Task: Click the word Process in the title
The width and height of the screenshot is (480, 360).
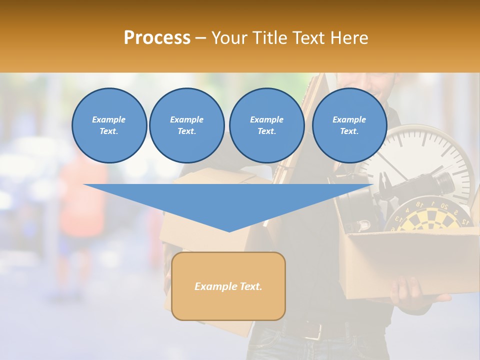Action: (157, 38)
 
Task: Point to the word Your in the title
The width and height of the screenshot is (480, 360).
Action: (229, 38)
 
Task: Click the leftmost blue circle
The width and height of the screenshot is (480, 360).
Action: (109, 125)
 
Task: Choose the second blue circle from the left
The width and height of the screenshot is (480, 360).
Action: (186, 125)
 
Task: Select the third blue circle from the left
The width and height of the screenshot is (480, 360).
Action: (266, 125)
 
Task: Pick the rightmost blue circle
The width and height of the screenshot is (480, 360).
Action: (349, 125)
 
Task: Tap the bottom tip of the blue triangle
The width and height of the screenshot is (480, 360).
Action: (229, 230)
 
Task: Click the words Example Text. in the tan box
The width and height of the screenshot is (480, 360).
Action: (228, 286)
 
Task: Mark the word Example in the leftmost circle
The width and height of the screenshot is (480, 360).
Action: (109, 119)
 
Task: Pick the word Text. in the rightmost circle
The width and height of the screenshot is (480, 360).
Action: (349, 131)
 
